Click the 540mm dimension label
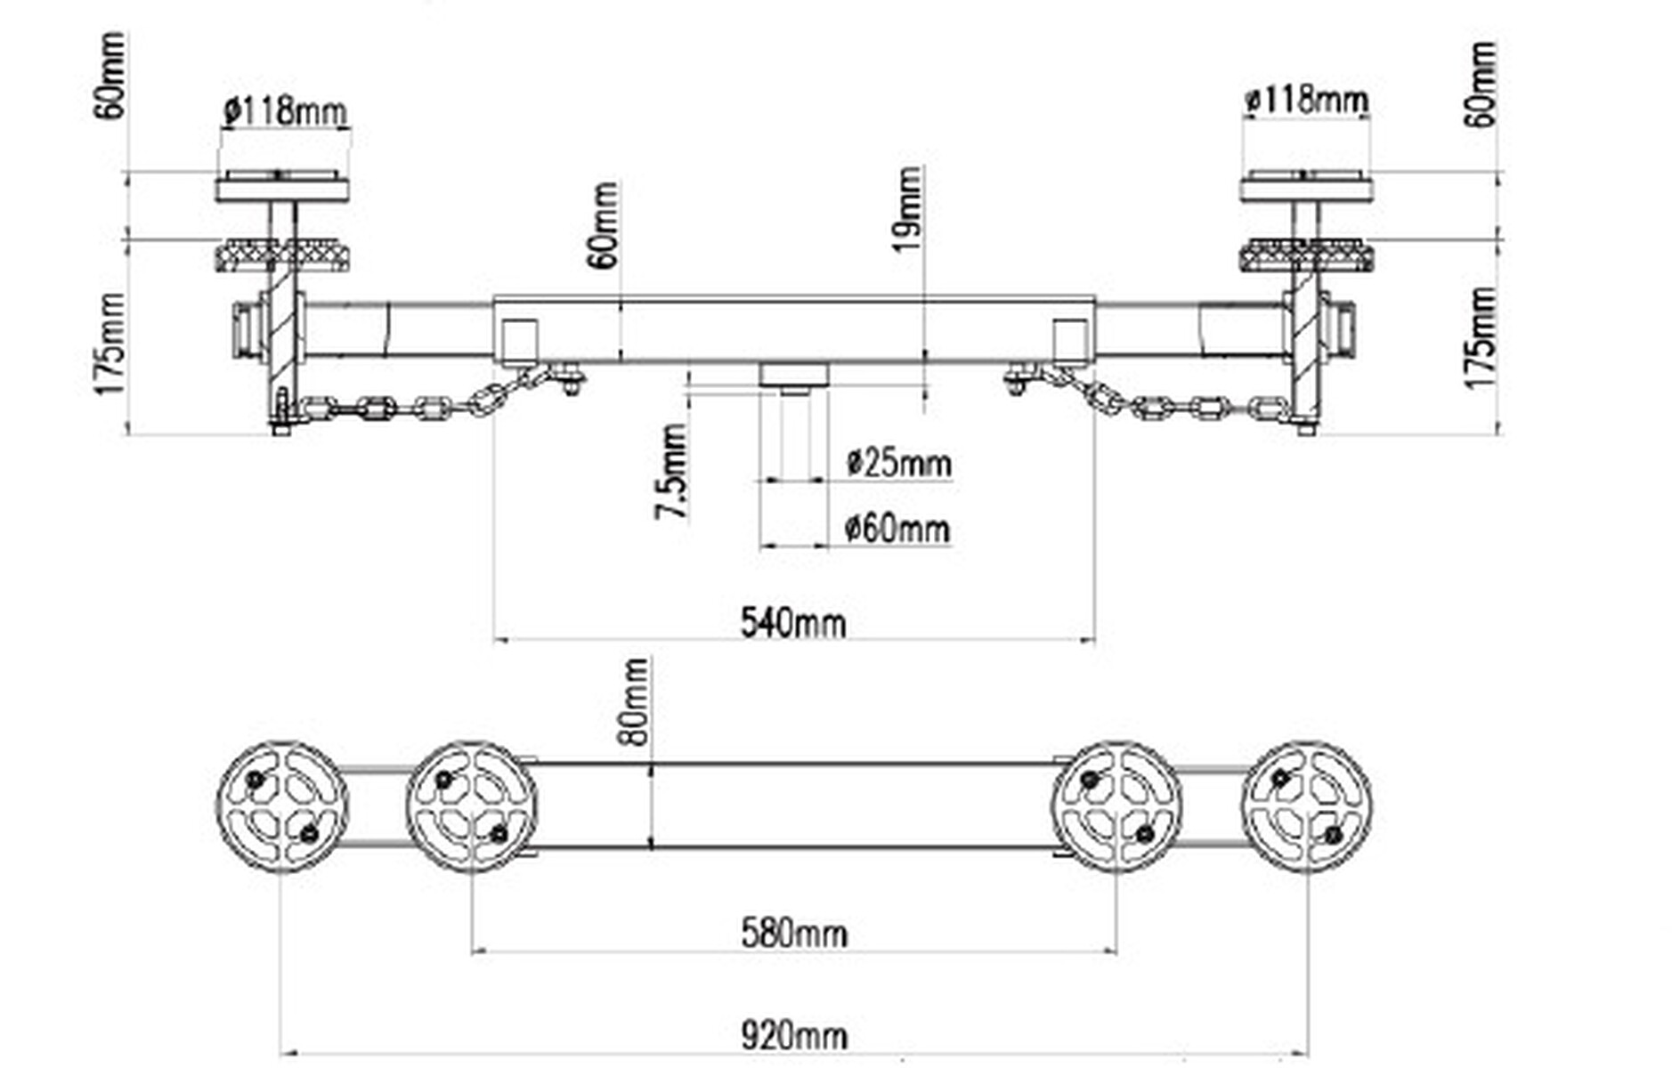tap(792, 622)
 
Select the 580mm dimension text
tap(793, 934)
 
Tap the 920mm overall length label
tap(793, 1036)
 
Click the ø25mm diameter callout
tap(897, 463)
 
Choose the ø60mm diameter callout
tap(897, 529)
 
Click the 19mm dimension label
tap(909, 210)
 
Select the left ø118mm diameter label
tap(285, 111)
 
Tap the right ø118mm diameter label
tap(1306, 101)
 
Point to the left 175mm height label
tap(112, 344)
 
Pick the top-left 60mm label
tap(112, 76)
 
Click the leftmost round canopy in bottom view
tap(281, 806)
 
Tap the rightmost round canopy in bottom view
tap(1306, 806)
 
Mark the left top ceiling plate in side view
tap(282, 188)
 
